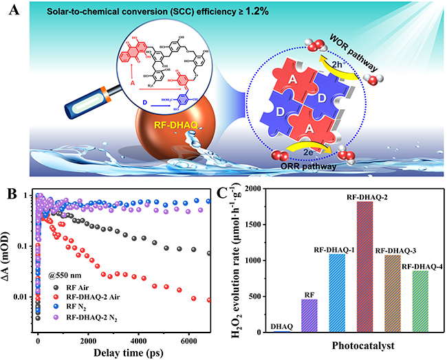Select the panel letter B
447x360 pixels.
pos(12,190)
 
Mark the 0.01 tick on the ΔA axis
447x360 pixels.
pos(22,297)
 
